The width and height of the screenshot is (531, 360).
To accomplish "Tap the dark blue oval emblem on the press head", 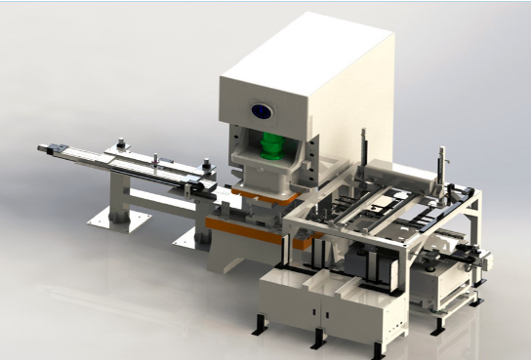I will (x=262, y=109).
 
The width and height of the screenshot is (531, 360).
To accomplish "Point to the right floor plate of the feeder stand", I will (x=190, y=236).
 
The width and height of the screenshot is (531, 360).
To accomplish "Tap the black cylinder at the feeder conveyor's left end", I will (x=119, y=145).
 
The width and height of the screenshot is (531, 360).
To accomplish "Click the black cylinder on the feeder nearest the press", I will (x=206, y=166).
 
